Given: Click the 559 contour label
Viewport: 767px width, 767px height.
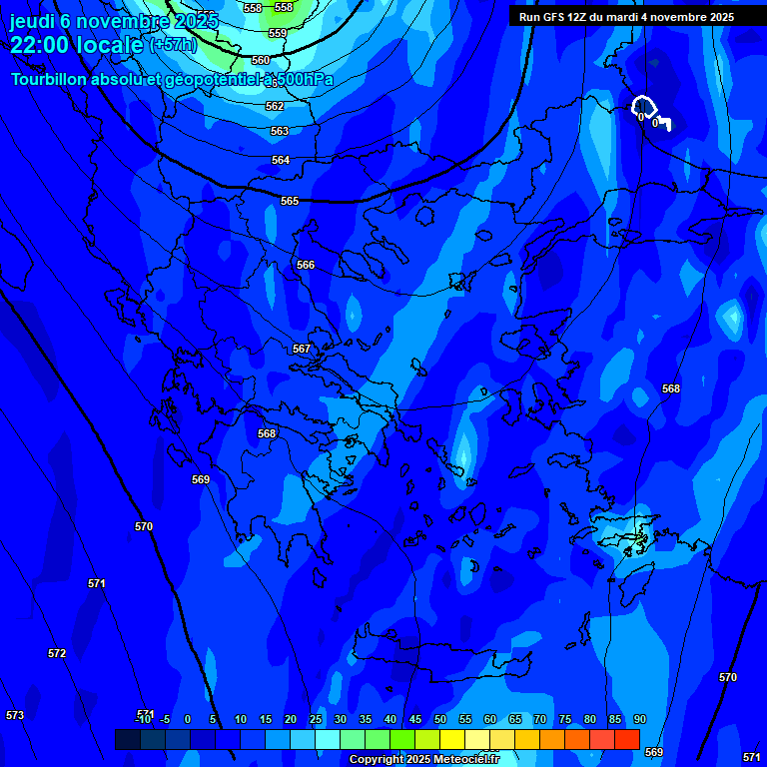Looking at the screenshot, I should pos(278,33).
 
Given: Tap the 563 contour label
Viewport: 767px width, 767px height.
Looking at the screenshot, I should pos(280,131).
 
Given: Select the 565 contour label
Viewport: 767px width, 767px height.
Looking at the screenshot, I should pos(290,201).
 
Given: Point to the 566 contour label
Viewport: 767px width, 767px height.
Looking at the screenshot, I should pos(306,265).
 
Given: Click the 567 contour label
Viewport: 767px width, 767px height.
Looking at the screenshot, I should pos(302,349).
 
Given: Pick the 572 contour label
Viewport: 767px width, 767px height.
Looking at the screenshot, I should pos(57,653).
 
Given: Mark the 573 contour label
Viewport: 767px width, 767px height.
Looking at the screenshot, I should pos(15,715).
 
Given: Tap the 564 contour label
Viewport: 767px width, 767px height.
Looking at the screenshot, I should pos(281,160).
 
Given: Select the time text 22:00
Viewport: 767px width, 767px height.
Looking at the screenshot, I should pos(45,45).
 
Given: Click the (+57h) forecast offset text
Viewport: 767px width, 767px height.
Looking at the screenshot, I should pos(173,45).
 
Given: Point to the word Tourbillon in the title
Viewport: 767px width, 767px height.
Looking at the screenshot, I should pos(52,79).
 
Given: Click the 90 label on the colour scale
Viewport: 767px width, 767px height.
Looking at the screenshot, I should pos(639,719).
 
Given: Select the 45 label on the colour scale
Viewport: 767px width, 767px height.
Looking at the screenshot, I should pos(415,719).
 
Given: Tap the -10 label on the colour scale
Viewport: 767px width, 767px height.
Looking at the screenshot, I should pos(143,719).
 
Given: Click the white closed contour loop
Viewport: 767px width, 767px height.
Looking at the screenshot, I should pos(643,105).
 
